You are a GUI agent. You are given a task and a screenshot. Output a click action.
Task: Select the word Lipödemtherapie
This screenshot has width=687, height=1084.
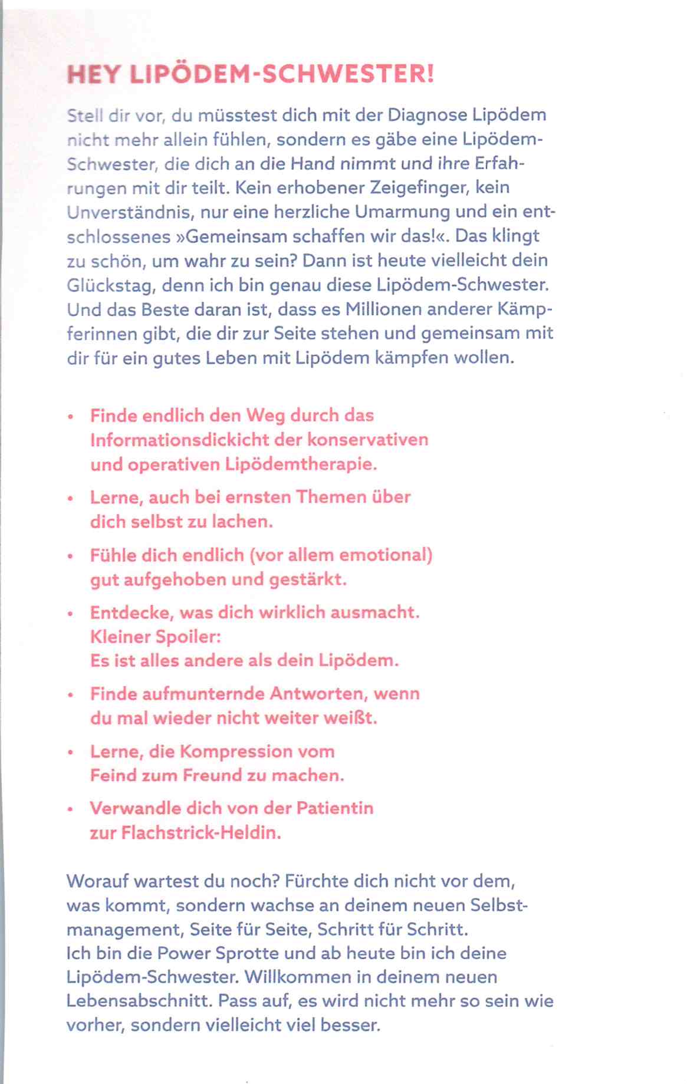pyautogui.click(x=301, y=464)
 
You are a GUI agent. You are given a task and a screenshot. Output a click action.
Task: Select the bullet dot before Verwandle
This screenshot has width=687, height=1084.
pyautogui.click(x=71, y=810)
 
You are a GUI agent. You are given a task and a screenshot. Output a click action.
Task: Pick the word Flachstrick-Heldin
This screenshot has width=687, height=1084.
pyautogui.click(x=200, y=833)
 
